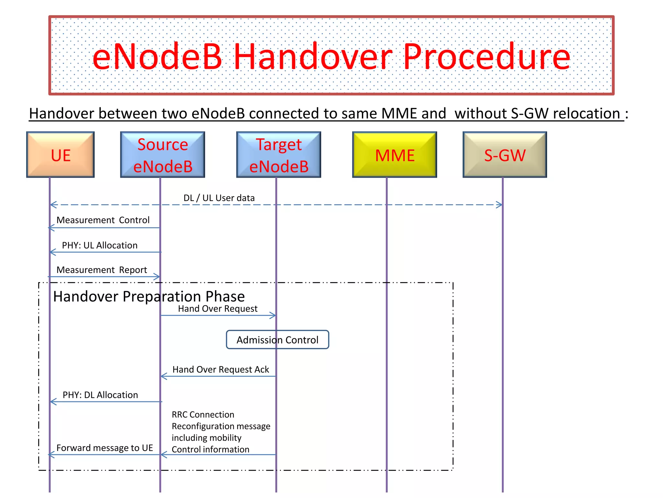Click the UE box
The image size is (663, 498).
click(61, 155)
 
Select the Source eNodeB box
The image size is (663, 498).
click(163, 155)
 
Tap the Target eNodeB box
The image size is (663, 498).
click(278, 155)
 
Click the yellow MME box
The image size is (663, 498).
click(394, 155)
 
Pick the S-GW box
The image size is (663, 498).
click(505, 155)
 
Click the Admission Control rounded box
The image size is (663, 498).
click(277, 339)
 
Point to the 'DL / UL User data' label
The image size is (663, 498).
click(219, 198)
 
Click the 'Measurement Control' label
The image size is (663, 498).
click(103, 220)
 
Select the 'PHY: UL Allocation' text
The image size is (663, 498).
click(100, 245)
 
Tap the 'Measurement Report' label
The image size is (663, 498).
click(102, 270)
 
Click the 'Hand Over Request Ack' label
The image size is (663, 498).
click(220, 369)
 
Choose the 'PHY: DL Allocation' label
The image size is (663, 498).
click(100, 395)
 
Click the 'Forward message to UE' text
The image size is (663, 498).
click(105, 448)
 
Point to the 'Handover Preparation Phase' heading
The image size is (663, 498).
click(149, 296)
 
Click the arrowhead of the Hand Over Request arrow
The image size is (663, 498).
click(273, 315)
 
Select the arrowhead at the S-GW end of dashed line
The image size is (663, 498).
click(500, 205)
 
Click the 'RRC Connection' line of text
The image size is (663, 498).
click(203, 414)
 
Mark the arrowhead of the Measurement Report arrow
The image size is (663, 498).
click(157, 277)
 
